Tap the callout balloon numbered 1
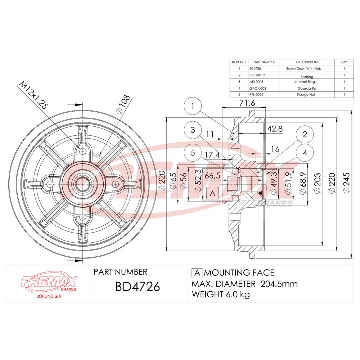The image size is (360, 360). coord(193,106)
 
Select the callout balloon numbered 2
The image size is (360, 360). coord(305,135)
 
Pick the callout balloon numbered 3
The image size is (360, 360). coord(193,130)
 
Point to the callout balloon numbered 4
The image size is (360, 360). coord(305,153)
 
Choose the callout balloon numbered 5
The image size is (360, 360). coord(193,153)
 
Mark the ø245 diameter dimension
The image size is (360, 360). coord(347,184)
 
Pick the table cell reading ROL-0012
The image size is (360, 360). coord(257,75)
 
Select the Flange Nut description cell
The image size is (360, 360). coord(307,94)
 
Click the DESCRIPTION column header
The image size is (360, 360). coord(307,62)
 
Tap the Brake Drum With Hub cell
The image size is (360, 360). coord(307,68)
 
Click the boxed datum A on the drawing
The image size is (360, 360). coord(212,194)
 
